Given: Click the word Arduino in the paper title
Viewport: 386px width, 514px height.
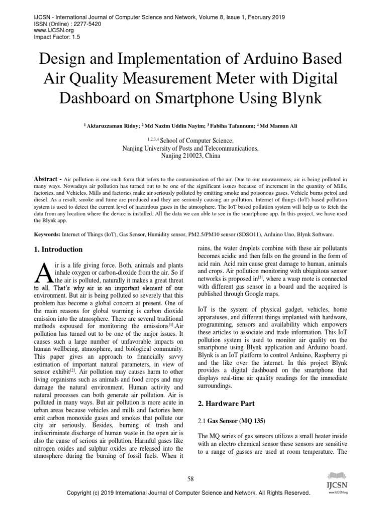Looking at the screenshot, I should [x=274, y=59].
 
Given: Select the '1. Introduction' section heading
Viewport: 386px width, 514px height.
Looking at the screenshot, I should [x=58, y=249].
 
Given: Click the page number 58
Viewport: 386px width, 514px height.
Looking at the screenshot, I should [x=190, y=479].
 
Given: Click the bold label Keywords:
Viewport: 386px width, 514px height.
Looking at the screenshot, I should [x=47, y=234].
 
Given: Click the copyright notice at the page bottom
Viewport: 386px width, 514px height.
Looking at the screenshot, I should [x=189, y=493].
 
